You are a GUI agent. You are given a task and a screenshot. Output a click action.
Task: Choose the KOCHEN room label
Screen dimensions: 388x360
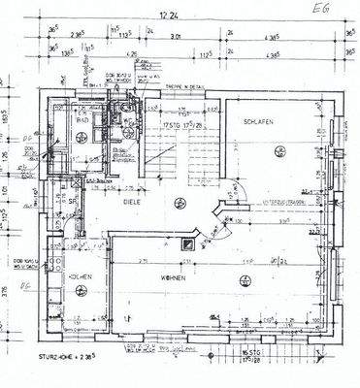pos(81,277)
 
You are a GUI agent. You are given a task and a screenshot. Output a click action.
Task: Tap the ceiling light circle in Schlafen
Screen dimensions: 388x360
pos(279,148)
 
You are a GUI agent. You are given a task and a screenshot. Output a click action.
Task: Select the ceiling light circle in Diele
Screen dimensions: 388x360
pos(176,202)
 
